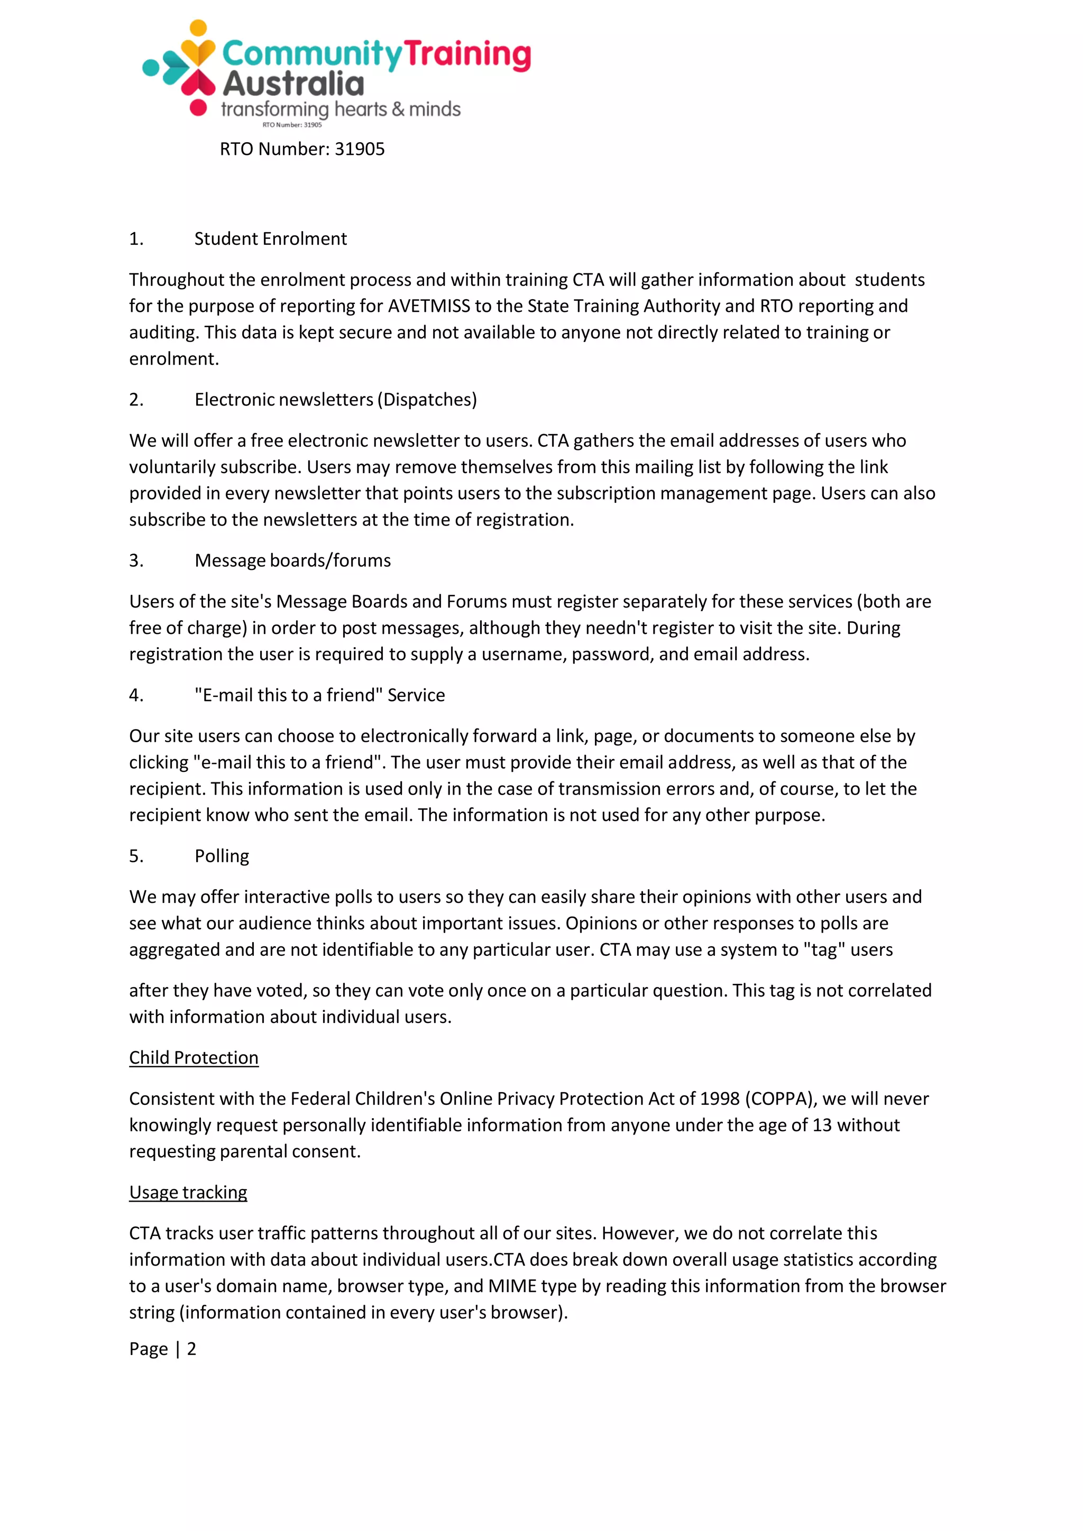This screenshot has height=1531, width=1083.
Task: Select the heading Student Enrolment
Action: [x=270, y=239]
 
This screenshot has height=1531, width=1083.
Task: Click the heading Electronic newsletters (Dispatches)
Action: [x=335, y=400]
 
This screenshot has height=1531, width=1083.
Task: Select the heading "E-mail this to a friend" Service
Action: [x=319, y=695]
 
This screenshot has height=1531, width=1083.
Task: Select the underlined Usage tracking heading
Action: [x=188, y=1192]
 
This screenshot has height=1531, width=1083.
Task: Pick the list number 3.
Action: [x=136, y=560]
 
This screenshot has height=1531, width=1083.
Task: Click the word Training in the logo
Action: [x=467, y=54]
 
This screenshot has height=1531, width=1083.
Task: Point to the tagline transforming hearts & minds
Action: [x=340, y=109]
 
